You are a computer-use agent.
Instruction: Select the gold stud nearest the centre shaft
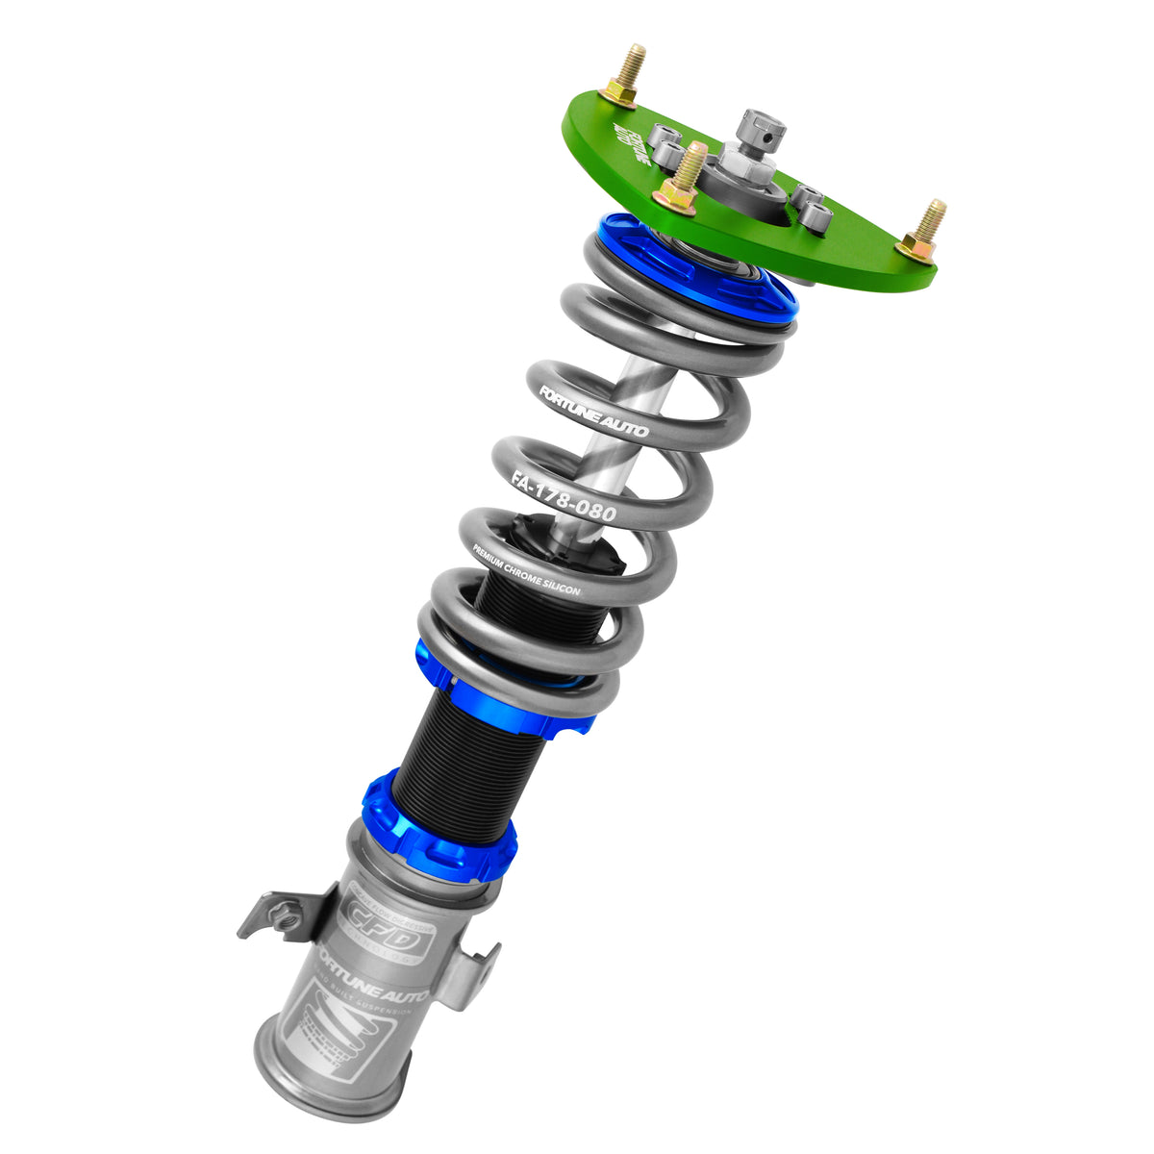tap(684, 178)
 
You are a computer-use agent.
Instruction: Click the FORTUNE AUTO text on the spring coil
tap(593, 412)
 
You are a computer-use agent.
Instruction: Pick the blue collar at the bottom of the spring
tap(505, 692)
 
